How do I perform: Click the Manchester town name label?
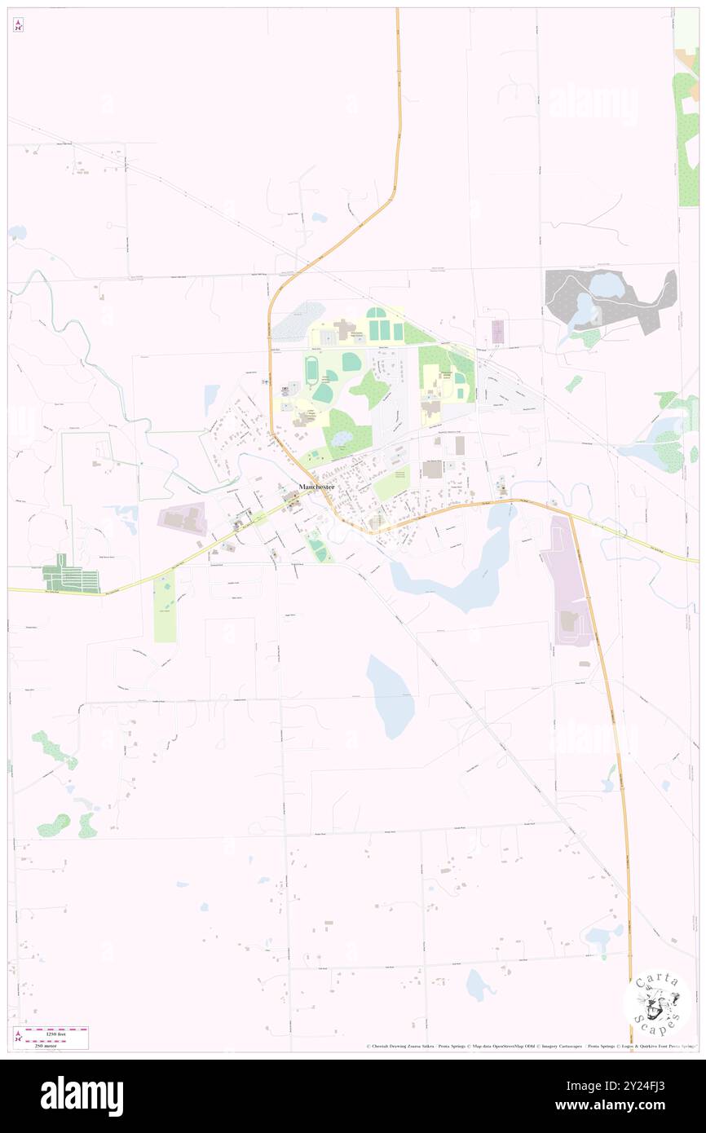315,487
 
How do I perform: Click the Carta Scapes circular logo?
657,1002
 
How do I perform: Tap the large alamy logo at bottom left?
82,1096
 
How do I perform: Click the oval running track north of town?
312,371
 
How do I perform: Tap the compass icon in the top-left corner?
18,25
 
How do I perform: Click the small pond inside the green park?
340,438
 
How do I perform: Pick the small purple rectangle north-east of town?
497,331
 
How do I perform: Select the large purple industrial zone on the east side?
568,581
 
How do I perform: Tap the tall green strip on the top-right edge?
687,122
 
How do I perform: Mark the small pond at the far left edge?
16,232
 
